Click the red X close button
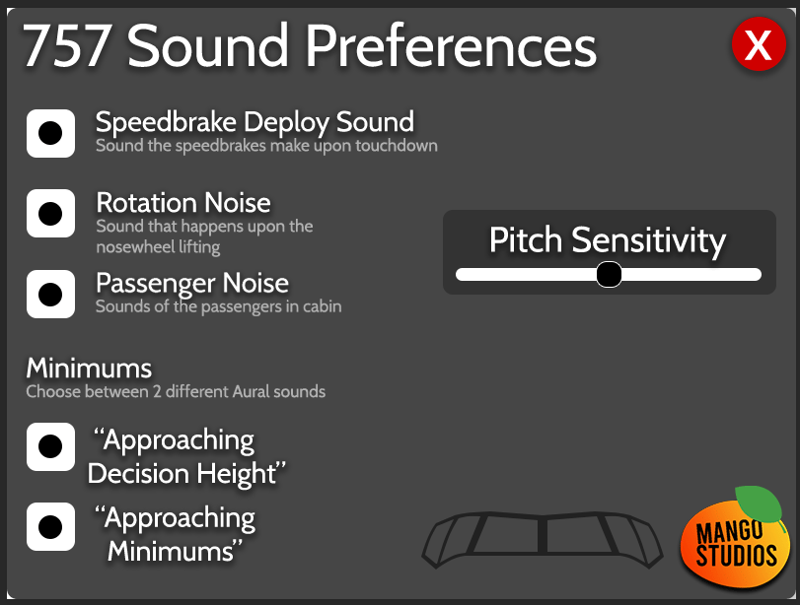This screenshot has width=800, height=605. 759,43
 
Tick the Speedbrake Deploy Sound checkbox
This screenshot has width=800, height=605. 50,134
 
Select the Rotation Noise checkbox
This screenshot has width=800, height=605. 50,214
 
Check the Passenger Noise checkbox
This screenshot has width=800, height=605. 50,294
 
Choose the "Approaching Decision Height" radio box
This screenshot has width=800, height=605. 50,446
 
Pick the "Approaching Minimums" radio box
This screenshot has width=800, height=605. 50,526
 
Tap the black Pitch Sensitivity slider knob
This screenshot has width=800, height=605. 609,275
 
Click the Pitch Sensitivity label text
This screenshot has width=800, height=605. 607,240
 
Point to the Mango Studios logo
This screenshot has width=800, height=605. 734,538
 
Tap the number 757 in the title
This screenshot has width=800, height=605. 67,46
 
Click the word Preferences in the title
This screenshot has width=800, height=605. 451,45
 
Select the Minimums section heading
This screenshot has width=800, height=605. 89,368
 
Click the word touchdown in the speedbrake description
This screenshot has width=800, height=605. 397,146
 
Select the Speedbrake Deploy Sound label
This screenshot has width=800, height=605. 255,123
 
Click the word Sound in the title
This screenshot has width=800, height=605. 208,46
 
